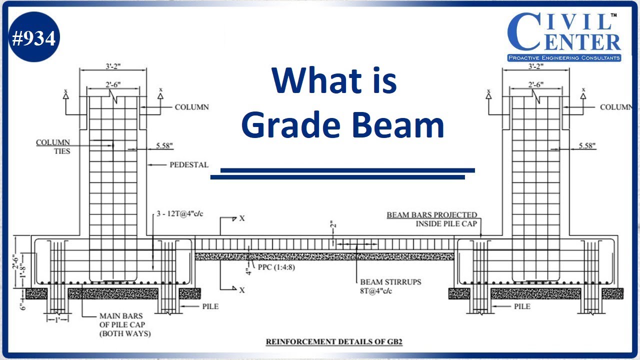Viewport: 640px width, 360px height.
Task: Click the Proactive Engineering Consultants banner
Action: tap(564, 58)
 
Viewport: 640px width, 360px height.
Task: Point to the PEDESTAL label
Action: tap(188, 164)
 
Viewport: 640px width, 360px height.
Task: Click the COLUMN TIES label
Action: tap(53, 146)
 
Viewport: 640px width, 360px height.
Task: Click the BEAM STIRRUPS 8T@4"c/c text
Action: tap(390, 286)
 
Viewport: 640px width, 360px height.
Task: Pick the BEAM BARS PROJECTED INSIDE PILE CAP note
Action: tap(432, 219)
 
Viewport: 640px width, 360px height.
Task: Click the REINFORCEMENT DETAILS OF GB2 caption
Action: tap(334, 342)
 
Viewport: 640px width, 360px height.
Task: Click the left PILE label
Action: tap(210, 306)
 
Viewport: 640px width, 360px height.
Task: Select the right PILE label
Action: tap(522, 306)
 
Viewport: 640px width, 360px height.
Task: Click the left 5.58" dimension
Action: tap(165, 145)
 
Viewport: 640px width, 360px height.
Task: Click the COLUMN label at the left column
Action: tap(191, 107)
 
